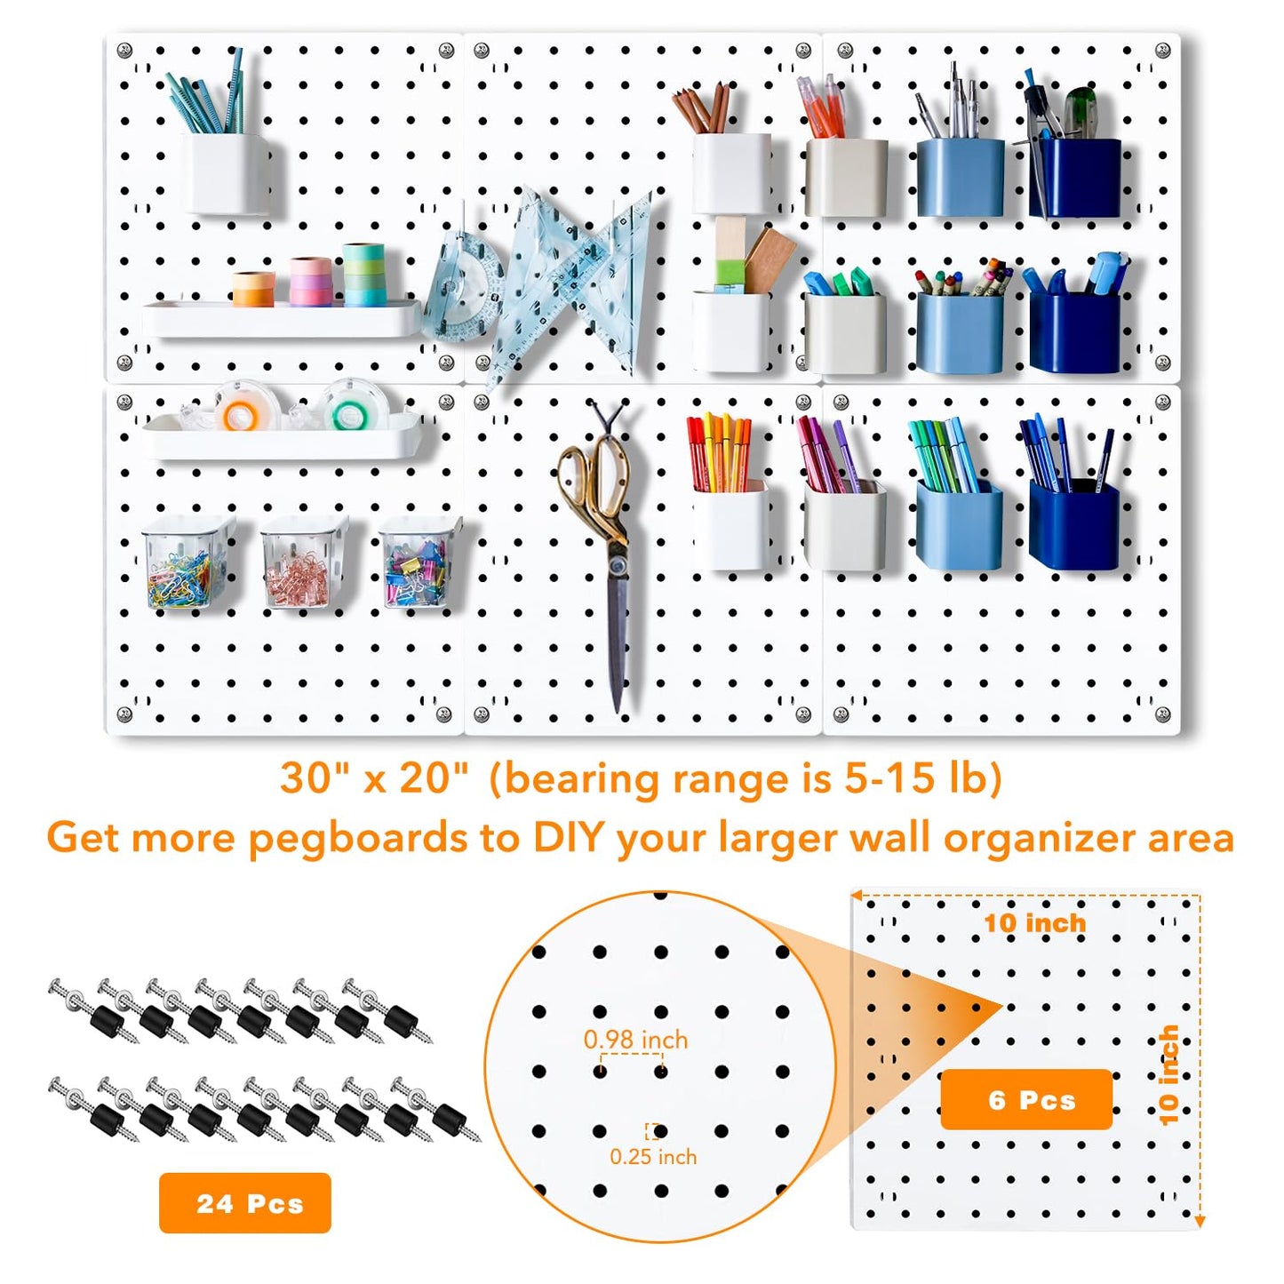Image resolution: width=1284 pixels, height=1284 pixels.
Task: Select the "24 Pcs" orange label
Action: (x=245, y=1203)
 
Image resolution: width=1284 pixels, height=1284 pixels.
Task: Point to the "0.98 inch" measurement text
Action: (x=635, y=1039)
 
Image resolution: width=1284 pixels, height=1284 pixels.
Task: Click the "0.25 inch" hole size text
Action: (x=653, y=1156)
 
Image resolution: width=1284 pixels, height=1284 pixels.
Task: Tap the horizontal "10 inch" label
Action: (x=1034, y=923)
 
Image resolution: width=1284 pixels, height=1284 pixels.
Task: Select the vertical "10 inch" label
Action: (x=1168, y=1074)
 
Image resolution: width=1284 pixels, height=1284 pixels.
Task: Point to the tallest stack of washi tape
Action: (x=363, y=275)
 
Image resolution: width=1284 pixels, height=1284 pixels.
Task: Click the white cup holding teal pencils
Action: (x=226, y=173)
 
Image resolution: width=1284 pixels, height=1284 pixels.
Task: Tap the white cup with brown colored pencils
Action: (x=730, y=173)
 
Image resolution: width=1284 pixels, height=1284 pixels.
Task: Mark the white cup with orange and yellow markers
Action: (x=730, y=524)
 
